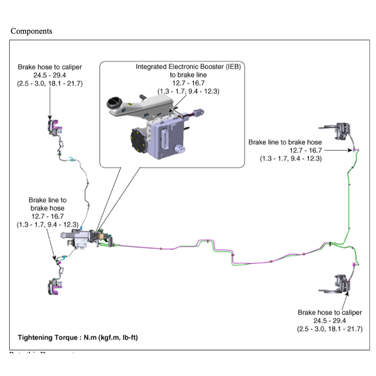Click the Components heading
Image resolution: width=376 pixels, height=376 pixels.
coord(31,31)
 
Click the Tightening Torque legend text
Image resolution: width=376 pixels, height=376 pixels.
coord(78,337)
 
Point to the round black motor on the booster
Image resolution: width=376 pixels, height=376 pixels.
coord(138,140)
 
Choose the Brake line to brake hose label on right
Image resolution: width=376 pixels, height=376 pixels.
coord(285,142)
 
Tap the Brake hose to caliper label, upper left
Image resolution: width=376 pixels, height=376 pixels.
coord(50,67)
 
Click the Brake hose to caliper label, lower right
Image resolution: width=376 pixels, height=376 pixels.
coord(329,312)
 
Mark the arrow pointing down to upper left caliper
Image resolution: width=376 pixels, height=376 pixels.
coord(50,102)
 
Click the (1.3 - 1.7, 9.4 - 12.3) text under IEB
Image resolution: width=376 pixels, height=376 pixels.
coord(188,92)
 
